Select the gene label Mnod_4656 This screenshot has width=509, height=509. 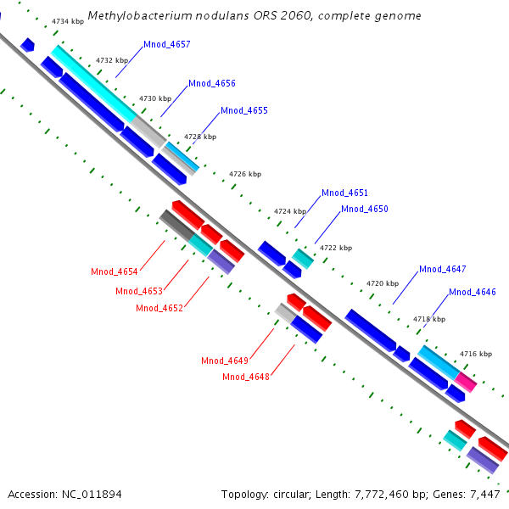212,83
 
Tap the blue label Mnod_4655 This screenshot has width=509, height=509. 244,110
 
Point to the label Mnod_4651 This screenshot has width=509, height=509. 344,193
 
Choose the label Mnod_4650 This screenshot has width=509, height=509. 365,209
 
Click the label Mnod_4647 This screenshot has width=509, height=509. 443,269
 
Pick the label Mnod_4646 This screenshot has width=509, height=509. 473,292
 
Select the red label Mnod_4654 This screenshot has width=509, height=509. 115,271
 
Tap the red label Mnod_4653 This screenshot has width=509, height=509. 139,291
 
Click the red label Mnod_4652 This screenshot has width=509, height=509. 159,308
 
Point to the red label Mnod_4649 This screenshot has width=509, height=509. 225,361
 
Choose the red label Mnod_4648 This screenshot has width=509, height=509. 246,377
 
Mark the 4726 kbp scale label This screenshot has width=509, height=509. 245,174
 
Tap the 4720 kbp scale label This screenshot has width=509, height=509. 382,282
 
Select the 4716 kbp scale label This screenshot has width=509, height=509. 475,353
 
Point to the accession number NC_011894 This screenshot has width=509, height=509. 90,494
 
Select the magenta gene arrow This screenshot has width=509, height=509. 467,381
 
